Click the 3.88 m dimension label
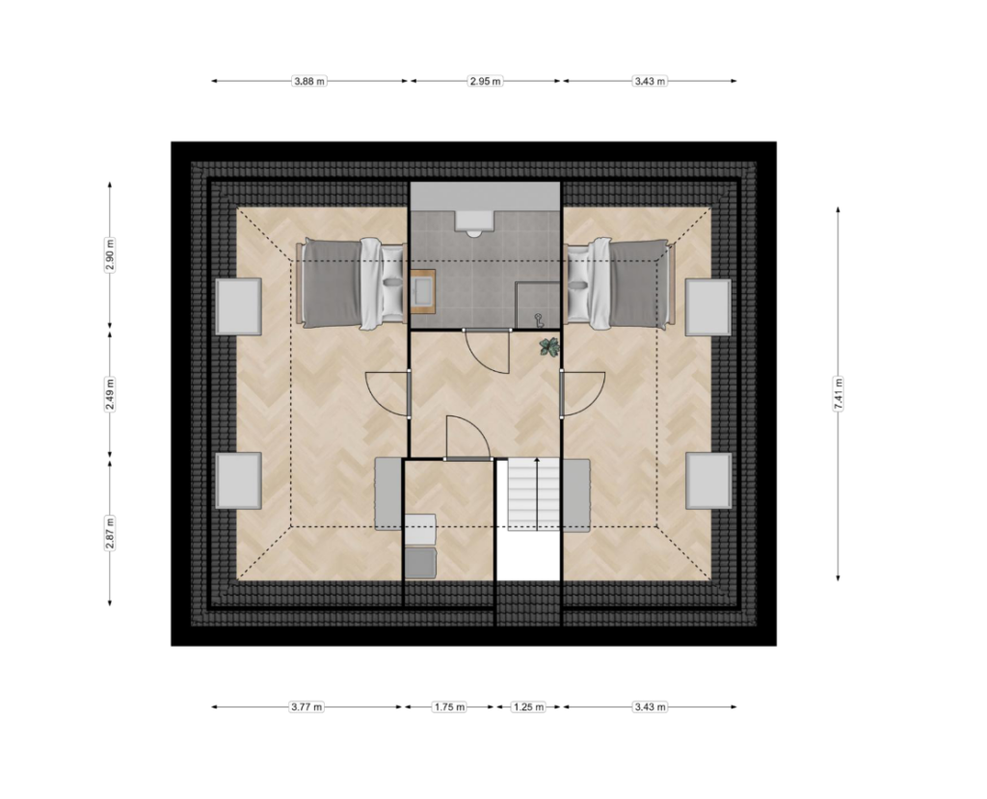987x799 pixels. coord(309,81)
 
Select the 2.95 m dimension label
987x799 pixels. coord(486,81)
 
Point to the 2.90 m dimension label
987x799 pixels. coord(110,255)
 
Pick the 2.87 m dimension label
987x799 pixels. coord(110,533)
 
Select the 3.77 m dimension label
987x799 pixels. coord(307,706)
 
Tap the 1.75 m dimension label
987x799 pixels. coord(449,706)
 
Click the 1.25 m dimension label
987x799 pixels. coord(528,706)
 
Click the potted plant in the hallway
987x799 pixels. coord(548,347)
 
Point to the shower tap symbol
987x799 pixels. coord(539,320)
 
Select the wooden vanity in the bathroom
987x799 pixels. coord(423,291)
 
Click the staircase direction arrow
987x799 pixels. coord(536,494)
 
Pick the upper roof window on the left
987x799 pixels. coord(239,306)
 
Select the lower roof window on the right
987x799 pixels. coord(708,480)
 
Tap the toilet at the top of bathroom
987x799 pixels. coord(474,224)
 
